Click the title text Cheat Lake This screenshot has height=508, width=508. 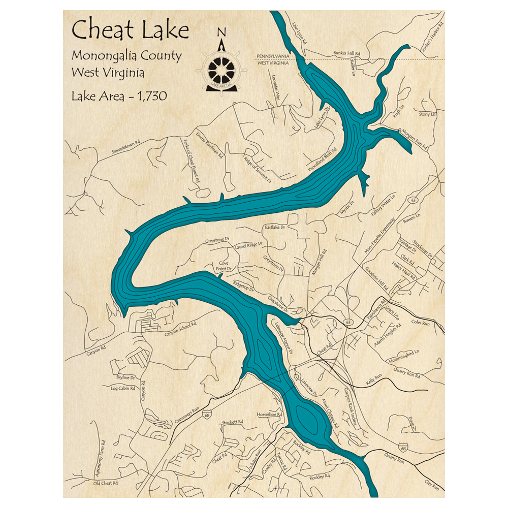[131, 30]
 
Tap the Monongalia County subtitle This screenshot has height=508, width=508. [126, 55]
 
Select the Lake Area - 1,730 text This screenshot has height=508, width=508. [119, 96]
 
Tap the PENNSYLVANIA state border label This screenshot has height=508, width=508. [272, 55]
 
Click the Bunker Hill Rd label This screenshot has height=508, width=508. [346, 53]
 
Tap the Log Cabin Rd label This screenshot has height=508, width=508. [123, 389]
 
